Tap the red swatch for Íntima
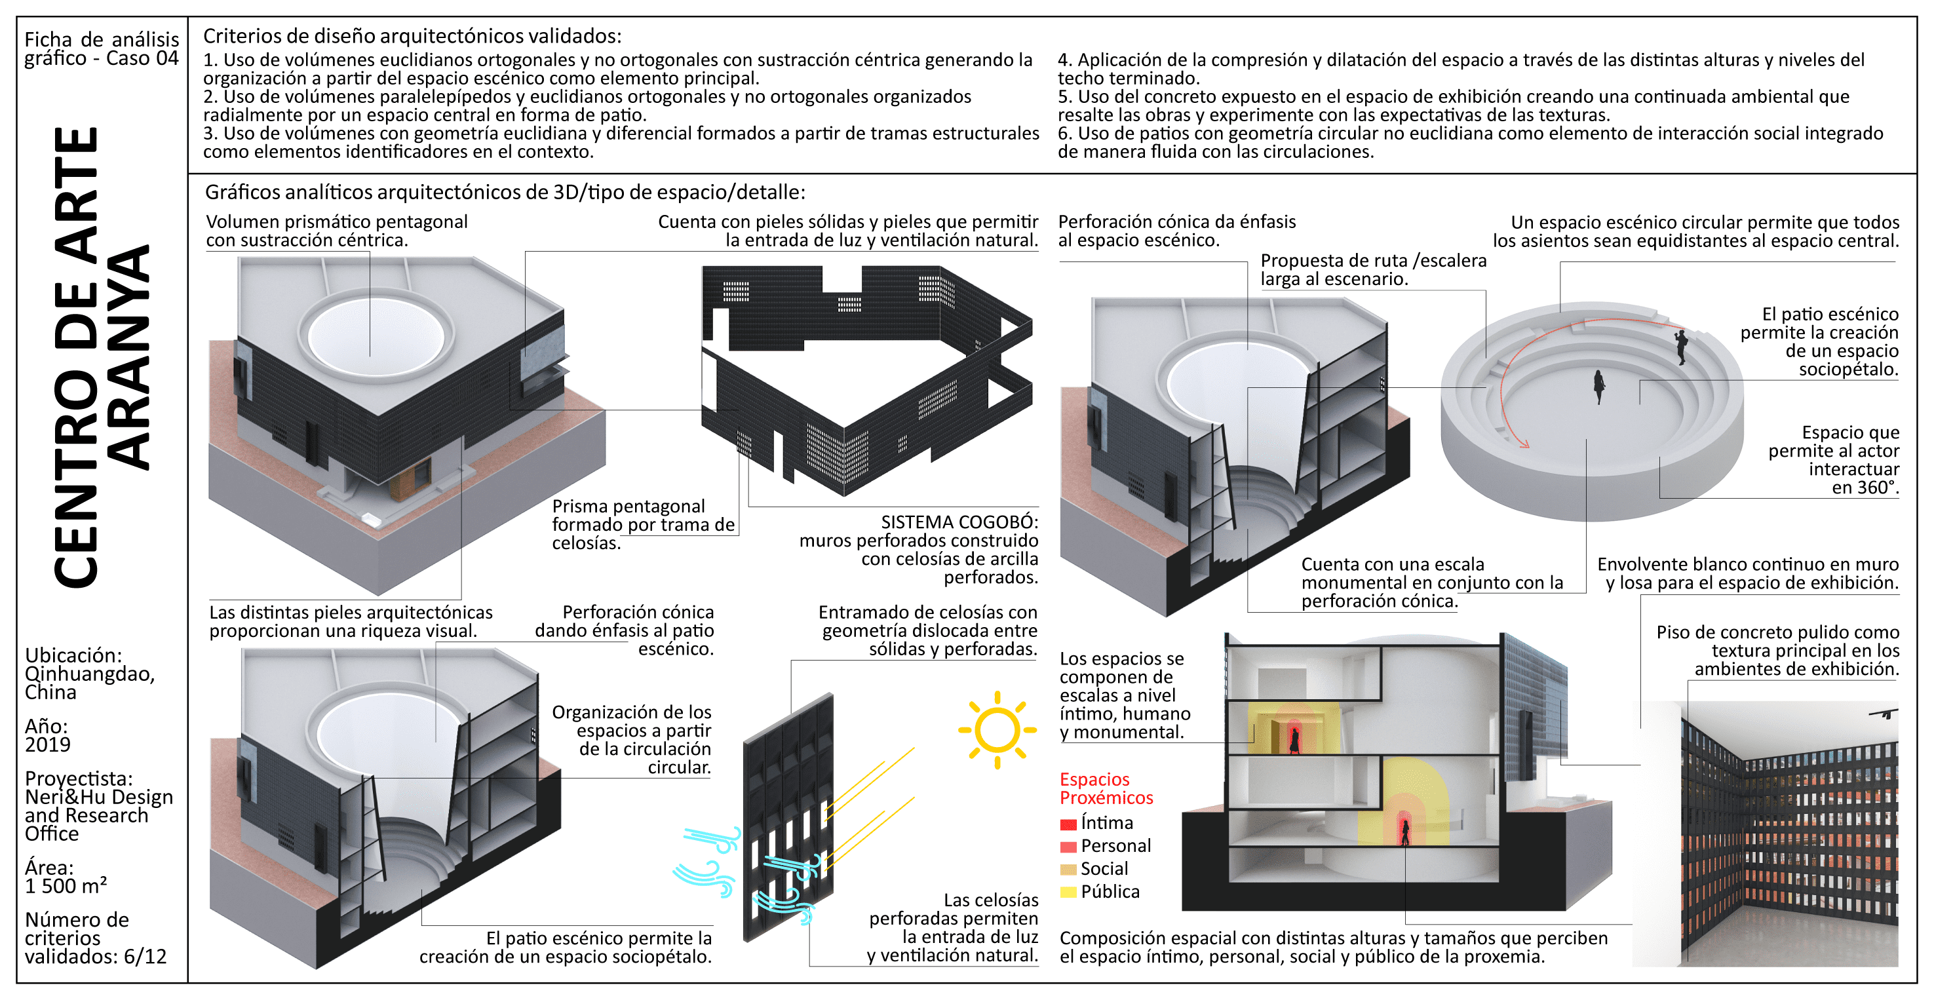click(x=1068, y=824)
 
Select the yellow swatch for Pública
click(x=1068, y=893)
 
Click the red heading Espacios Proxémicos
click(x=1105, y=788)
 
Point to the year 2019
click(x=47, y=744)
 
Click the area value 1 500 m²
click(x=66, y=887)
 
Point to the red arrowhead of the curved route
click(x=1524, y=444)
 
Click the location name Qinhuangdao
click(x=89, y=674)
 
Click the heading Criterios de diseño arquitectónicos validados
click(x=412, y=36)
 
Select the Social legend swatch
click(x=1068, y=870)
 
